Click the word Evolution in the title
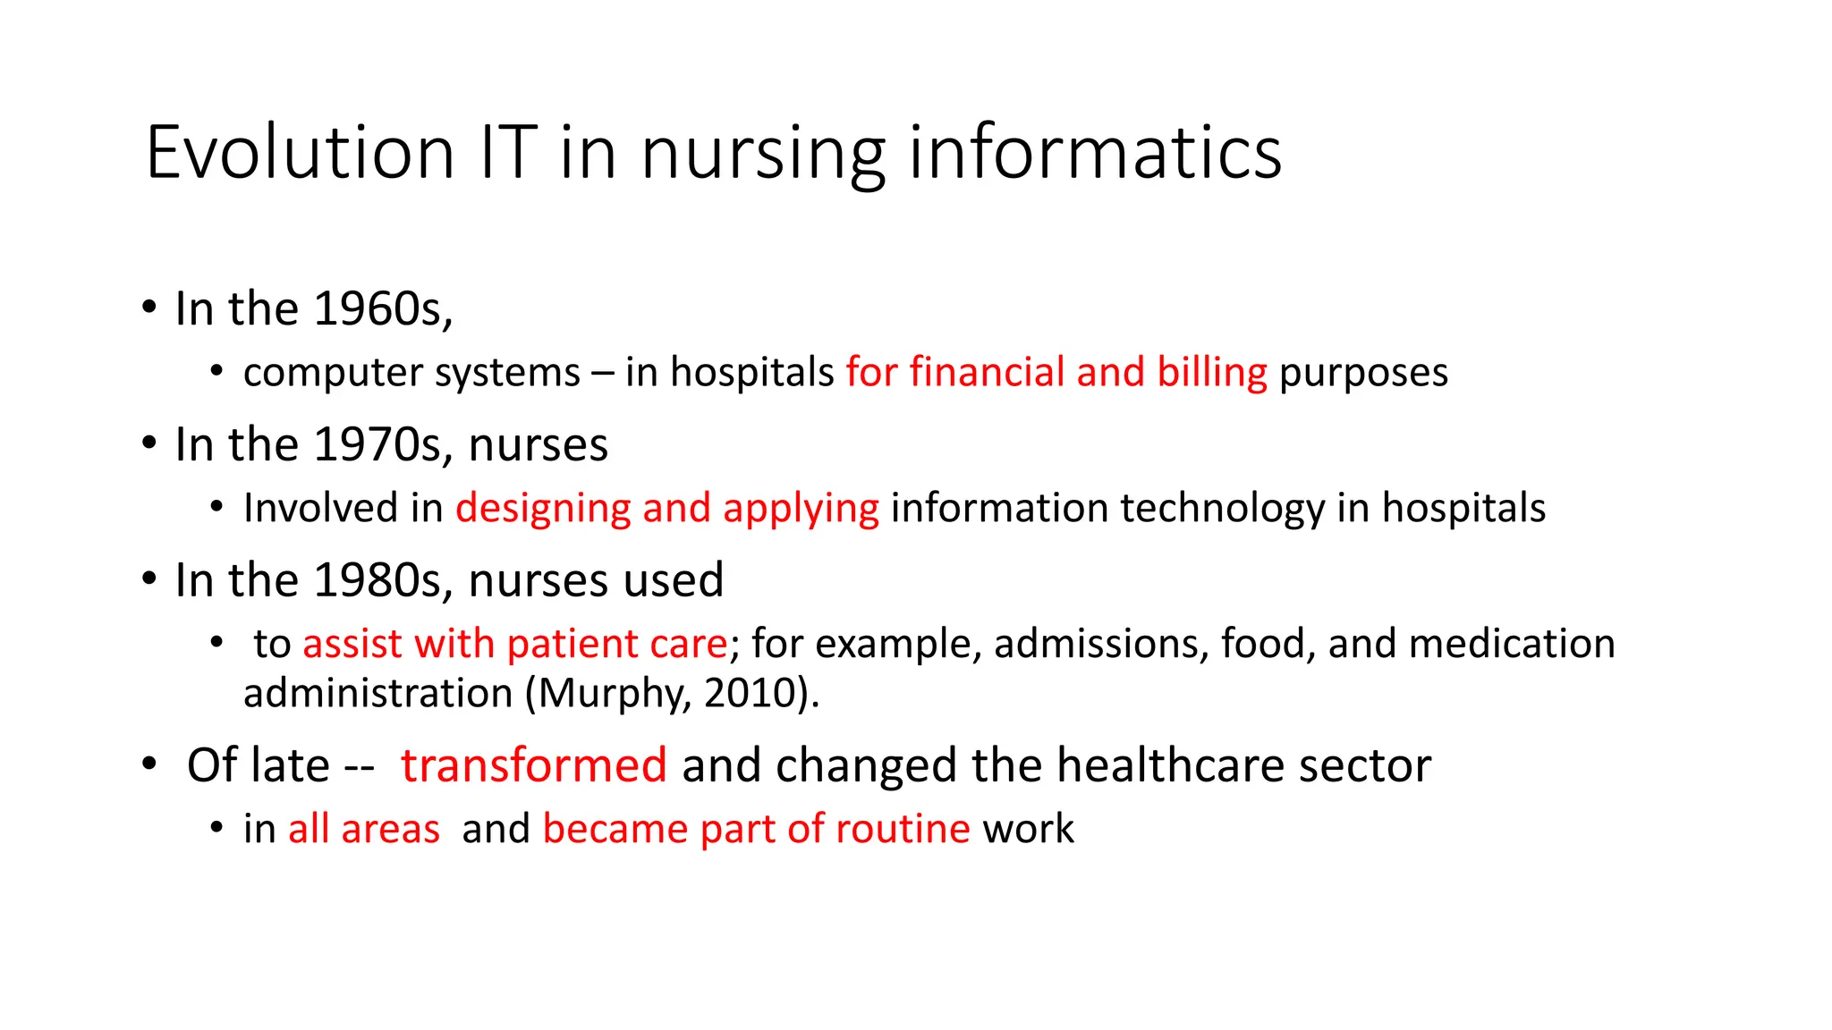point(301,153)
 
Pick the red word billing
point(1212,372)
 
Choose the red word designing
point(543,509)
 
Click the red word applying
point(801,509)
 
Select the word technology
point(1222,508)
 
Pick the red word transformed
point(533,765)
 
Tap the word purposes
point(1363,372)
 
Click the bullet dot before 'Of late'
point(149,764)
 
